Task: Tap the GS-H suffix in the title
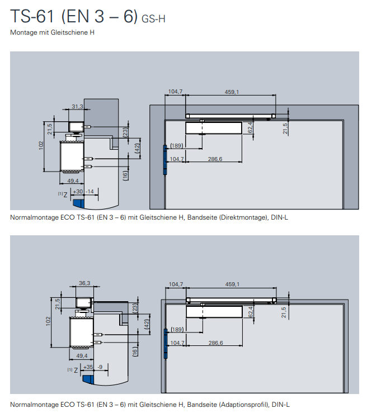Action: (x=153, y=19)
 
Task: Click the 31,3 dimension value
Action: (x=77, y=106)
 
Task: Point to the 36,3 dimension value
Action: (x=84, y=283)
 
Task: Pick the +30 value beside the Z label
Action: (x=78, y=191)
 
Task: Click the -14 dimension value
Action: (x=90, y=191)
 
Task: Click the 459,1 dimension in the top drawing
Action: (x=232, y=92)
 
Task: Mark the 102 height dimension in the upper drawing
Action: (x=41, y=144)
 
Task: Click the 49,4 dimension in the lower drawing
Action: (x=81, y=355)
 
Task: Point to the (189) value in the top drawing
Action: (x=177, y=146)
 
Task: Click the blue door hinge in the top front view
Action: (x=165, y=160)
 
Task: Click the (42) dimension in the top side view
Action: (x=137, y=148)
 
